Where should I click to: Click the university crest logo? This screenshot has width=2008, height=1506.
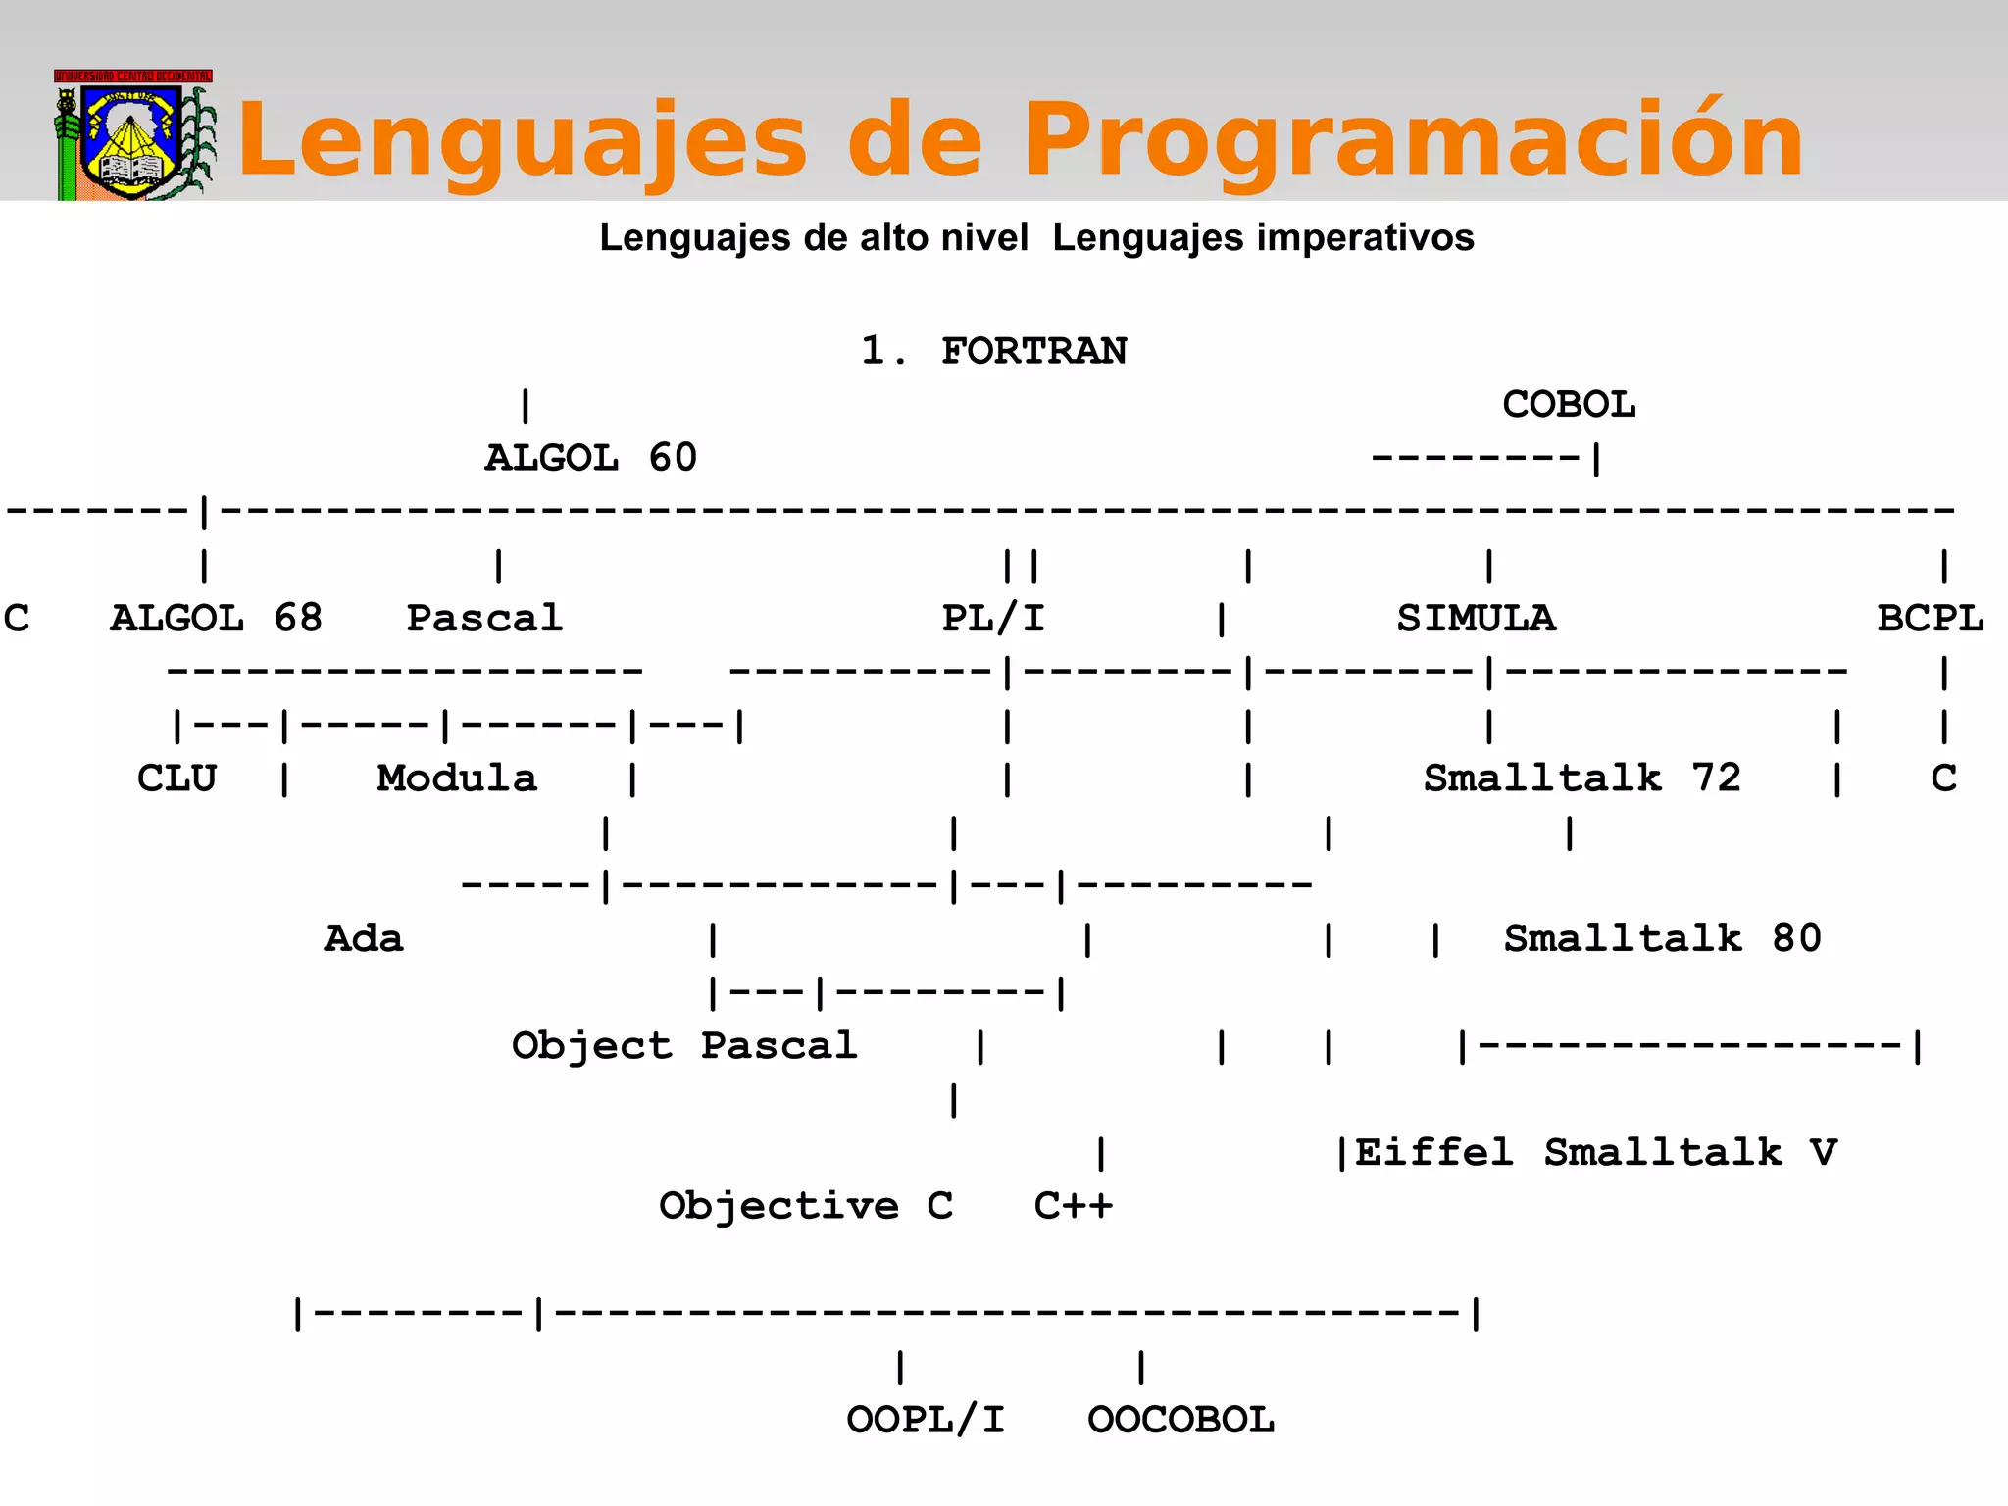tap(132, 137)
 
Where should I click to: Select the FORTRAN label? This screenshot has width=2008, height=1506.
tap(1033, 351)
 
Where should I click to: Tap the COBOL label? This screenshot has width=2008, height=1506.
tap(1569, 404)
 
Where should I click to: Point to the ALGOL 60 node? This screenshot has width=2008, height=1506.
tap(591, 458)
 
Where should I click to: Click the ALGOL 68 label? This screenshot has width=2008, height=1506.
tap(216, 619)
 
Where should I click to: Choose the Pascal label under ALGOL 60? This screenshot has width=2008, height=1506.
tap(484, 619)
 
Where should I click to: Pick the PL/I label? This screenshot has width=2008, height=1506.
tap(993, 619)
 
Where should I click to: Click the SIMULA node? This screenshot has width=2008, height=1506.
tap(1476, 619)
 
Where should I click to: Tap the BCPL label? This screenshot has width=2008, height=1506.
tap(1930, 619)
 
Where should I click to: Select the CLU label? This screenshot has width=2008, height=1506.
tap(176, 778)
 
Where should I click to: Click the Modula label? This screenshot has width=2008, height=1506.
tap(457, 778)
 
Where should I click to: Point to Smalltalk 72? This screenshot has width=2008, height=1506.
tap(1581, 778)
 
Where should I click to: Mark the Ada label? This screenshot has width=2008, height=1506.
tap(364, 939)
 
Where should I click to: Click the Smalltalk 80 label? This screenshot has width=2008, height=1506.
tap(1662, 939)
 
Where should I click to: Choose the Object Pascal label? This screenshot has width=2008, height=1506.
tap(684, 1046)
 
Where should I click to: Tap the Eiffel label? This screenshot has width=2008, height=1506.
tap(1433, 1153)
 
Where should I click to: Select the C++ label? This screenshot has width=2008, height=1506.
tap(1073, 1206)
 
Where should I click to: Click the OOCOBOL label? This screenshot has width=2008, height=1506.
tap(1180, 1420)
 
